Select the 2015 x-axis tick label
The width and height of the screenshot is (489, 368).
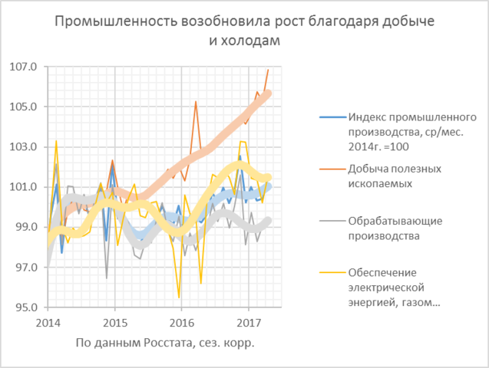point(115,319)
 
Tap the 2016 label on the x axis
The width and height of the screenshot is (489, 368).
point(182,319)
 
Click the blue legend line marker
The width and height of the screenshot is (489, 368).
point(331,117)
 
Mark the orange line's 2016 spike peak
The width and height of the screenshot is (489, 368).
point(196,101)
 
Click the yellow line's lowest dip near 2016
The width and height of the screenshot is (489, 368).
point(179,297)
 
